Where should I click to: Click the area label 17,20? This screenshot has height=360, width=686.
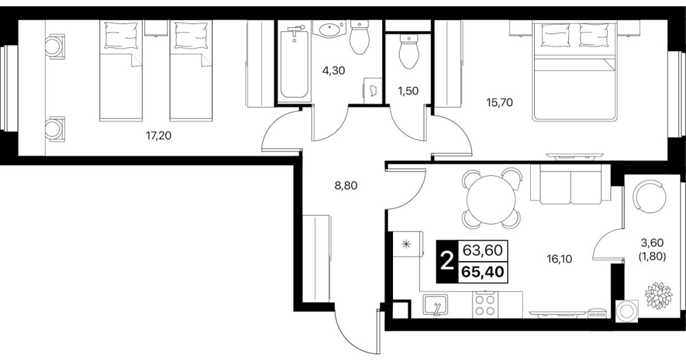(158, 135)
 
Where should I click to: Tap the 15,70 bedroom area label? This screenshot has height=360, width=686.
(499, 102)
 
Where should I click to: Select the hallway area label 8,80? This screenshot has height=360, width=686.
(346, 185)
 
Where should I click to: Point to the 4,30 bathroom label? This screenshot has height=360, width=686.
(334, 71)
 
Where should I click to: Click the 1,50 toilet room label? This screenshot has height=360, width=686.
(408, 91)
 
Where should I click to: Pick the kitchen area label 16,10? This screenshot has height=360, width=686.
(559, 259)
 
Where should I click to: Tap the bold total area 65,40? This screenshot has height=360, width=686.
(483, 272)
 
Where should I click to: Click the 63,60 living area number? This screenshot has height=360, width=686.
(482, 250)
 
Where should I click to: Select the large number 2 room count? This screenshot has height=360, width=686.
(447, 261)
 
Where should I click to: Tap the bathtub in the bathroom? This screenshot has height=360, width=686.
(294, 63)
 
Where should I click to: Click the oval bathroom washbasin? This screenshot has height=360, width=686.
(329, 29)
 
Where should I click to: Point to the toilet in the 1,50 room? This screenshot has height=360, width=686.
(409, 51)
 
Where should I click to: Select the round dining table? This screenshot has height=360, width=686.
(491, 200)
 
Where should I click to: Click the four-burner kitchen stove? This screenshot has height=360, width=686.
(485, 305)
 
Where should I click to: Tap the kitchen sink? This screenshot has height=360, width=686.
(435, 305)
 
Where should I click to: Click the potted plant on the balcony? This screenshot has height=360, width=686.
(659, 295)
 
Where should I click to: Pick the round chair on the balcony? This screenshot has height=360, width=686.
(651, 197)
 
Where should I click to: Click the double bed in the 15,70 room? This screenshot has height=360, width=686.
(575, 71)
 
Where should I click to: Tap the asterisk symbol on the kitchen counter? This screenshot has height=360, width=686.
(406, 244)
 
